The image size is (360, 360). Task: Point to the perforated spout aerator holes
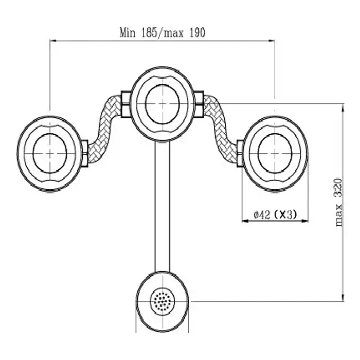pyautogui.click(x=162, y=300)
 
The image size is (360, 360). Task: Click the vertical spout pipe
pyautogui.click(x=162, y=206)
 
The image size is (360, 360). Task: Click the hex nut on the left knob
pyautogui.click(x=85, y=152)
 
